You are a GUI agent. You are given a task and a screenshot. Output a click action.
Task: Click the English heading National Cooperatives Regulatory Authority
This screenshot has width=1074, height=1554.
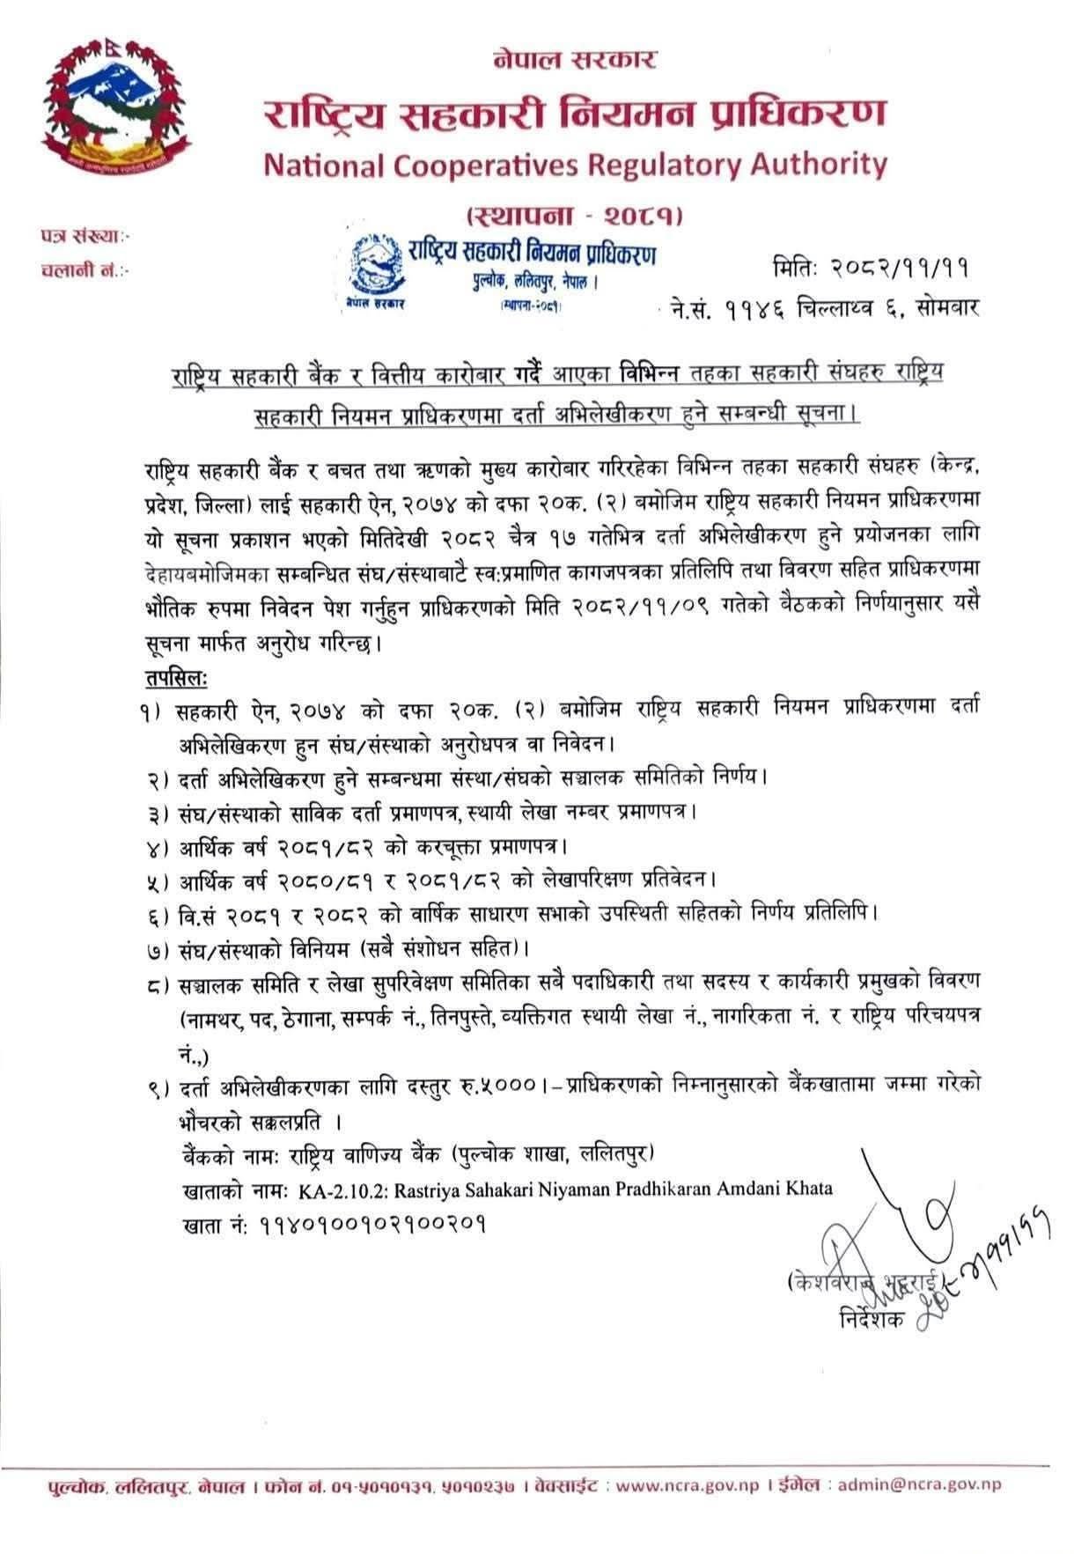coord(575,164)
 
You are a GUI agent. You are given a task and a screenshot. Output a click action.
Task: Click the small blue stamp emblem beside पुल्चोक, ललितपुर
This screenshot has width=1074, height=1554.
coord(374,268)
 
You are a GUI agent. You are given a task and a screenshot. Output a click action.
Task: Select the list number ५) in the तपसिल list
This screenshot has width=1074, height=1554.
coord(158,879)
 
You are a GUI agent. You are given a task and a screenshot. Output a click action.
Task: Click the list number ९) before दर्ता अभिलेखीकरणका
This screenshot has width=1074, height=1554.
coord(158,1089)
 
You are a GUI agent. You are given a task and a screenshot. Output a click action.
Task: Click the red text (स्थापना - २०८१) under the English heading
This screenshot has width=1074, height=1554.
coord(577,214)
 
